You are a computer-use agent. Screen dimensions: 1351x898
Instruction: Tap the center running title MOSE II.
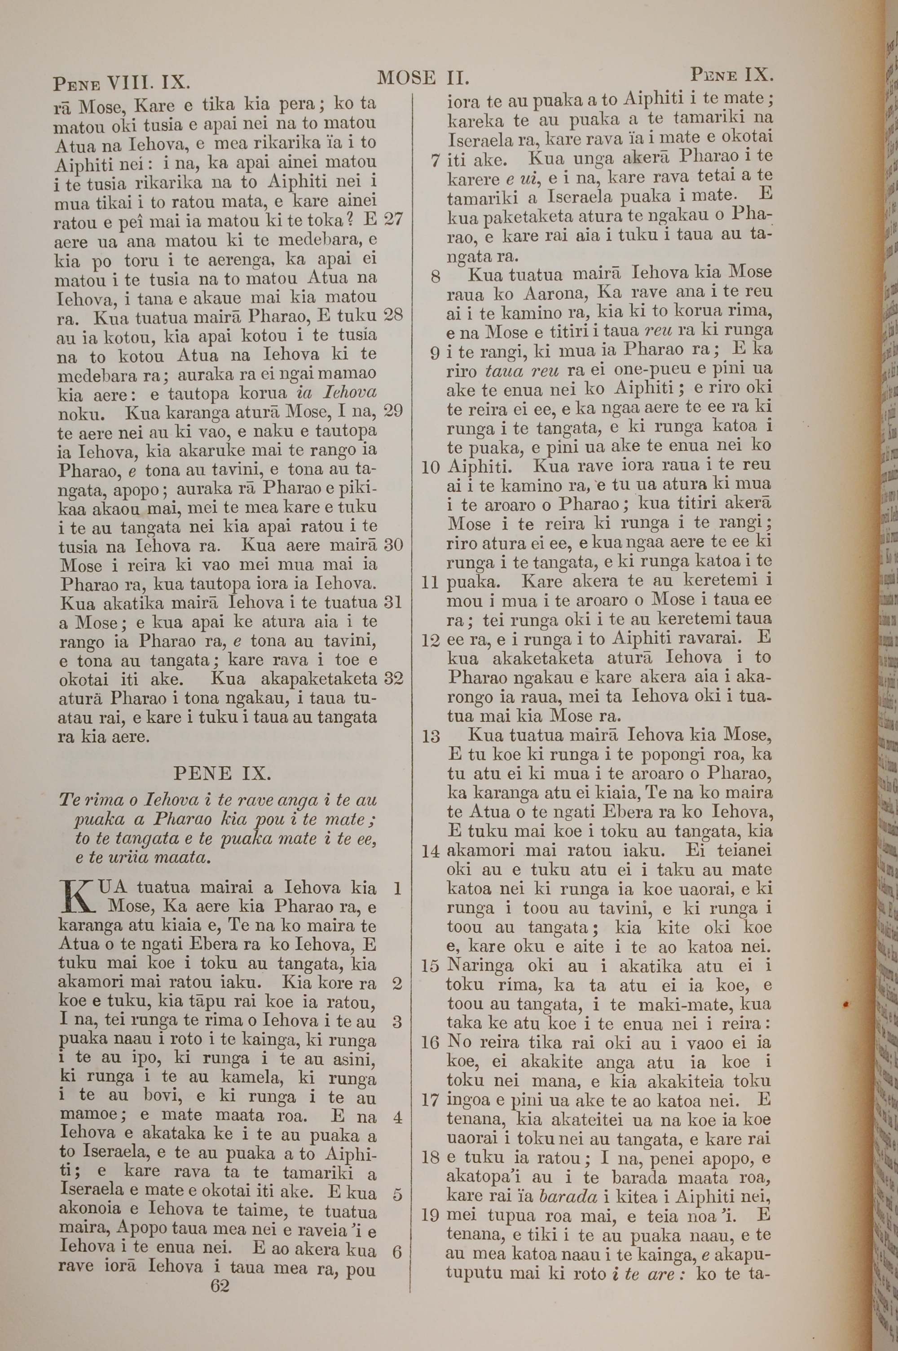pyautogui.click(x=424, y=78)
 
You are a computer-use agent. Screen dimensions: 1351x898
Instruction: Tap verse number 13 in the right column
pyautogui.click(x=431, y=737)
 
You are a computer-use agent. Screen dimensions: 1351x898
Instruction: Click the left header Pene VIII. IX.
pyautogui.click(x=121, y=83)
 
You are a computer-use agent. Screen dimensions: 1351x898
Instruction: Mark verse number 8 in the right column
pyautogui.click(x=436, y=277)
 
